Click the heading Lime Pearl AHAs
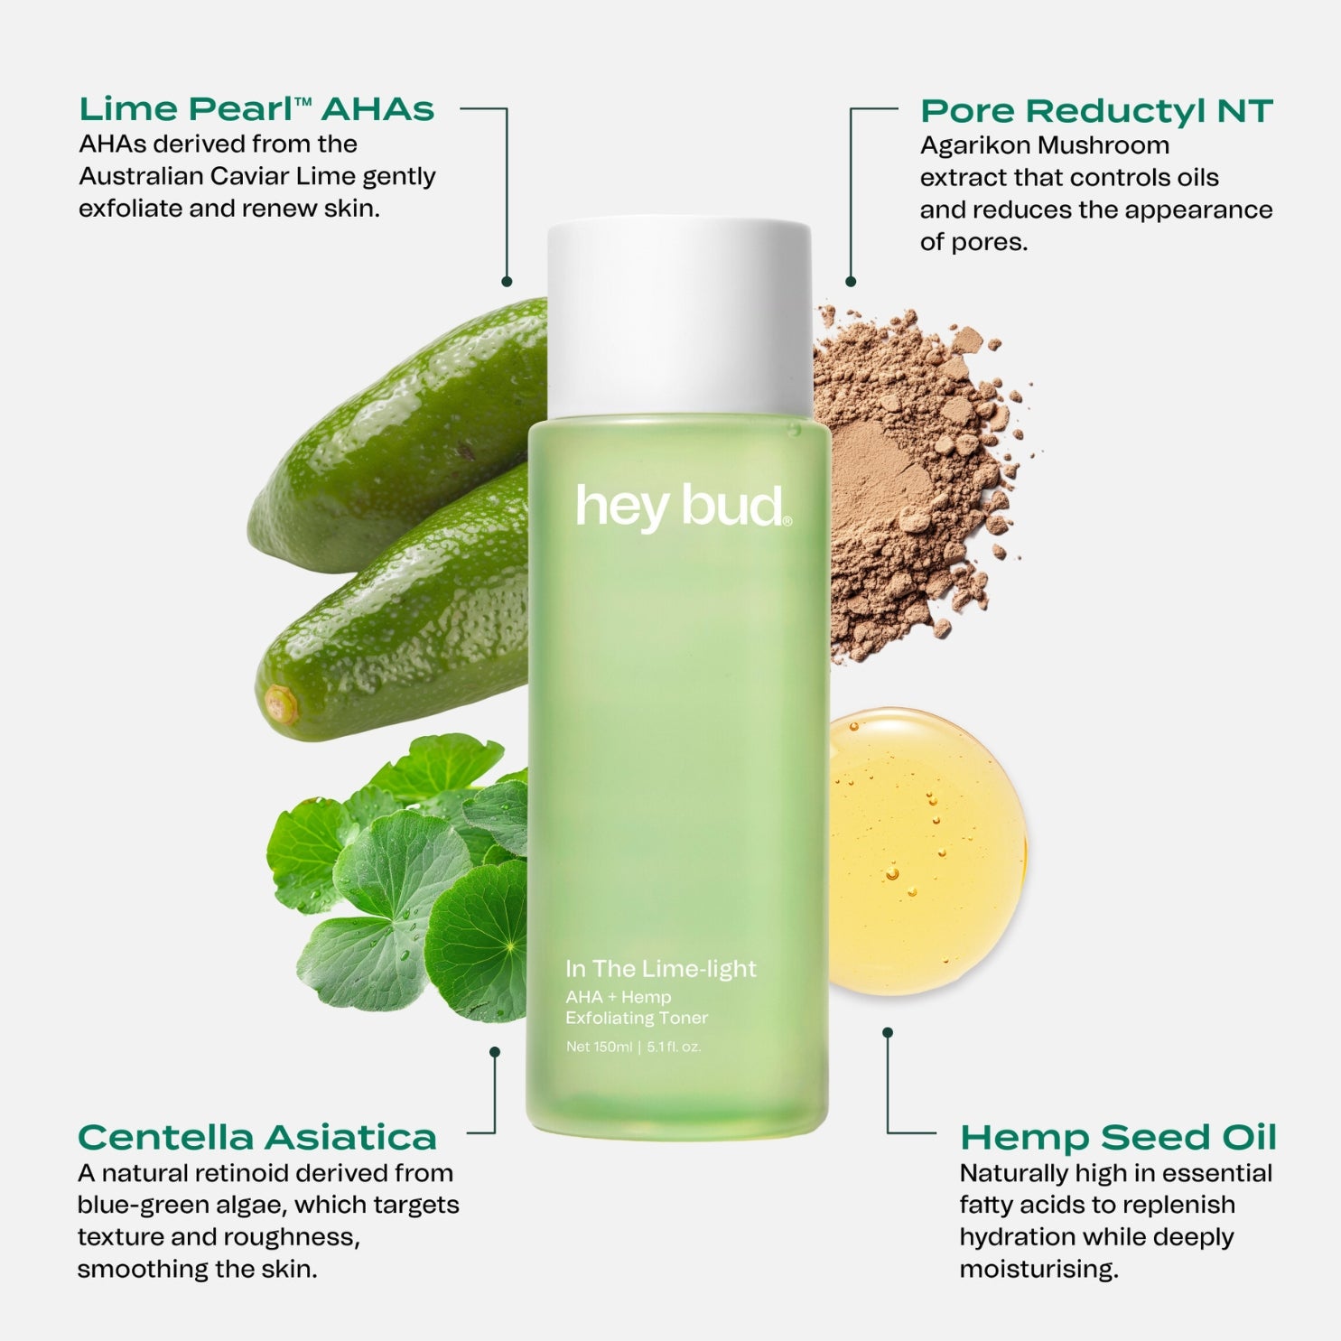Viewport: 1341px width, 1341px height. click(256, 109)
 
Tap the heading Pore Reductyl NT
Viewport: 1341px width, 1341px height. click(1096, 111)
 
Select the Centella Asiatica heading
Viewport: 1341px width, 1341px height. click(257, 1137)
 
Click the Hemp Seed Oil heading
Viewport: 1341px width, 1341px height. click(1118, 1137)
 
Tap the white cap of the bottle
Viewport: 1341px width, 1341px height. click(679, 318)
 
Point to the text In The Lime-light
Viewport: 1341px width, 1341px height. click(660, 969)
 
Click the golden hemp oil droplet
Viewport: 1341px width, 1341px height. click(927, 851)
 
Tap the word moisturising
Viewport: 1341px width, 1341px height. click(1038, 1269)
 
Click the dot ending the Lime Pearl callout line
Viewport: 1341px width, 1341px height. click(507, 282)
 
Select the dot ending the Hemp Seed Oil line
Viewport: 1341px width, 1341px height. click(888, 1032)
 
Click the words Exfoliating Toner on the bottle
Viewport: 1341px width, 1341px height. click(637, 1018)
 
